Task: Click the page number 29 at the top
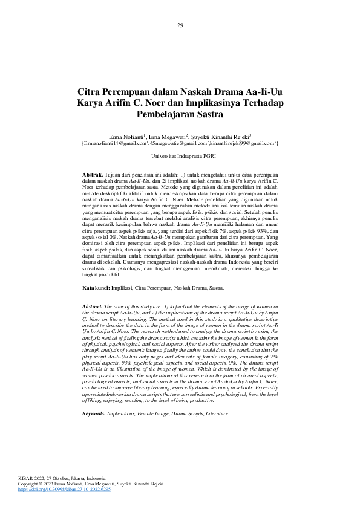coord(180,25)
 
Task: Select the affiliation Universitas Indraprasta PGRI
coord(180,156)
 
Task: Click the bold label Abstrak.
coord(93,174)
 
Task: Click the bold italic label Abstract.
coord(93,307)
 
